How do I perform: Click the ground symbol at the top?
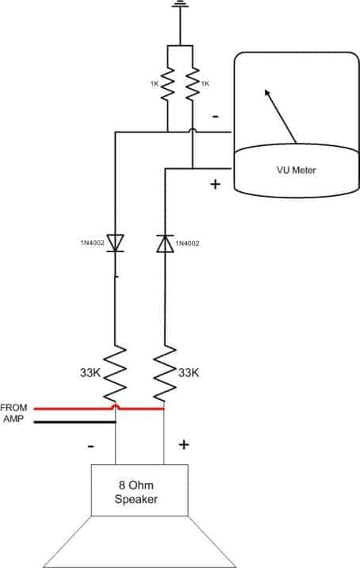click(x=180, y=4)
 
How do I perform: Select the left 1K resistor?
click(x=167, y=84)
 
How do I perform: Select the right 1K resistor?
click(x=193, y=84)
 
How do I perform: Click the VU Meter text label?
click(x=297, y=170)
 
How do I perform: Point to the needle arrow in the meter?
click(x=281, y=116)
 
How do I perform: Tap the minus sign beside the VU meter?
click(x=216, y=117)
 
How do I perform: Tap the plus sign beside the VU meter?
click(x=215, y=184)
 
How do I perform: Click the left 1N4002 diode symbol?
click(x=116, y=243)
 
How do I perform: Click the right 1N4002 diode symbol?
click(x=165, y=244)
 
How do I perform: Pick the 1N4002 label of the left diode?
click(x=92, y=242)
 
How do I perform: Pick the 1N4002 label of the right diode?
click(x=187, y=244)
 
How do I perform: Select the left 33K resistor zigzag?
click(x=115, y=374)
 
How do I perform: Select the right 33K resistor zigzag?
click(x=165, y=374)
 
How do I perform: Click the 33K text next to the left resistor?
click(x=90, y=373)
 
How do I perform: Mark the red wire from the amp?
click(x=99, y=409)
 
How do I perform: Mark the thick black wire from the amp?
click(x=75, y=422)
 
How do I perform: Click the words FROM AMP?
click(x=13, y=413)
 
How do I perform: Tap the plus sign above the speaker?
click(x=184, y=444)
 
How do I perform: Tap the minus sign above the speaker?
click(x=91, y=446)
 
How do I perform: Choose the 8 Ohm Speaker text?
click(x=136, y=492)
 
